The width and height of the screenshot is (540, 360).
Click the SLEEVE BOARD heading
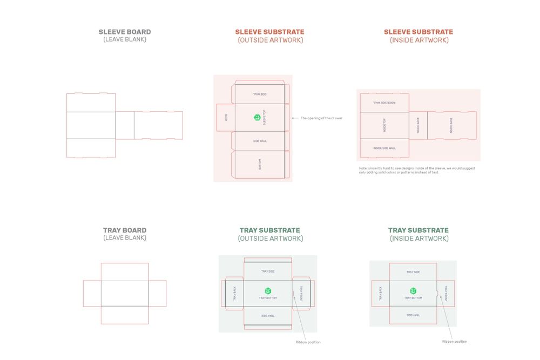click(x=125, y=32)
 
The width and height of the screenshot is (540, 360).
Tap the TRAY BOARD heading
click(x=125, y=230)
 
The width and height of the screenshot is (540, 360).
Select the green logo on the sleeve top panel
click(x=257, y=117)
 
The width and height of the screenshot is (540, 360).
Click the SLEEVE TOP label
click(x=264, y=118)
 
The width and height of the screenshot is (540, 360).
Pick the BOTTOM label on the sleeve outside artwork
click(x=260, y=165)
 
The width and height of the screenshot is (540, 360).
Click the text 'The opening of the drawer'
click(x=321, y=118)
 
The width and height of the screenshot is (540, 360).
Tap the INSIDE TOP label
click(x=384, y=125)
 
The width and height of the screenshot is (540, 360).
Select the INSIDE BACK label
click(x=418, y=125)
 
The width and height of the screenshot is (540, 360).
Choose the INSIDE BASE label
click(x=451, y=125)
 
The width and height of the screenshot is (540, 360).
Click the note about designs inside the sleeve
click(x=417, y=170)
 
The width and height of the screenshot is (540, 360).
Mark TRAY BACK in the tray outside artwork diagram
click(x=235, y=294)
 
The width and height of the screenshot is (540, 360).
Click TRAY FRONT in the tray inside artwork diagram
click(x=446, y=293)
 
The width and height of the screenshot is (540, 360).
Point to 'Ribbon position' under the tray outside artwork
click(x=308, y=342)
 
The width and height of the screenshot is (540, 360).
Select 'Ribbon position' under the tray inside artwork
click(x=455, y=341)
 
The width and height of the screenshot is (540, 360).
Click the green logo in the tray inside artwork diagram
click(x=413, y=291)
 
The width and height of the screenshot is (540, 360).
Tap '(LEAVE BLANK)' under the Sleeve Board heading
click(x=125, y=39)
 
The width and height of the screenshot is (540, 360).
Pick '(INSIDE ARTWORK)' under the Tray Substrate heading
click(x=418, y=238)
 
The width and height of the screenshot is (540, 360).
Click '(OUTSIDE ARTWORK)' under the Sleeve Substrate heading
click(x=270, y=40)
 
